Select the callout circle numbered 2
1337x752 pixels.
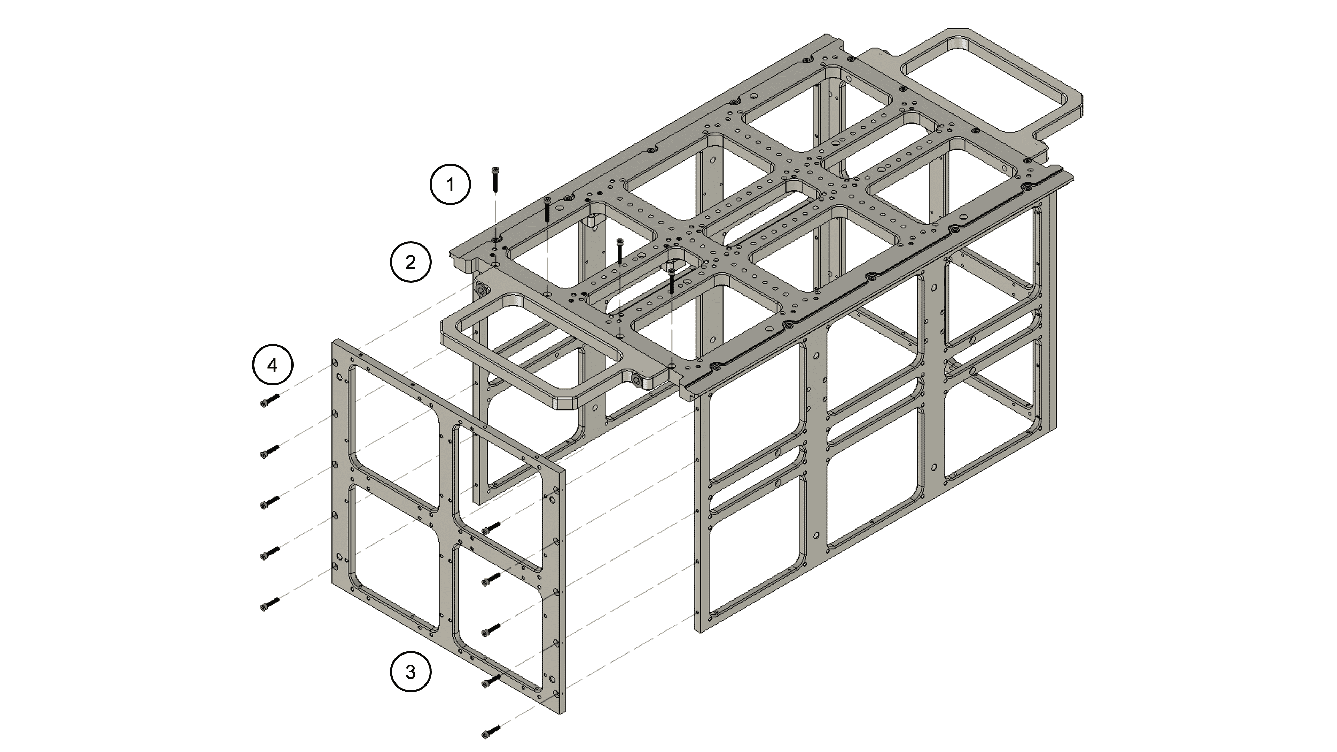coord(411,262)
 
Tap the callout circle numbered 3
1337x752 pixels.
coord(411,672)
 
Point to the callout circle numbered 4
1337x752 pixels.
coord(273,365)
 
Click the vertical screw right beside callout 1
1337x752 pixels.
coord(495,180)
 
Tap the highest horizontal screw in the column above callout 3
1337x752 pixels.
coord(491,528)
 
